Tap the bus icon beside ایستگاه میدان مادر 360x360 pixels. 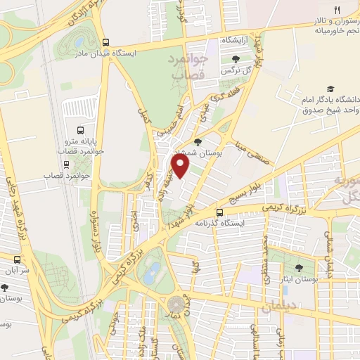click(105, 41)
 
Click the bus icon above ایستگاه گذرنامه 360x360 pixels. click(220, 212)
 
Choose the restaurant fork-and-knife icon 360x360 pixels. click(337, 9)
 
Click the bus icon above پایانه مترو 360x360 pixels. click(81, 130)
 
